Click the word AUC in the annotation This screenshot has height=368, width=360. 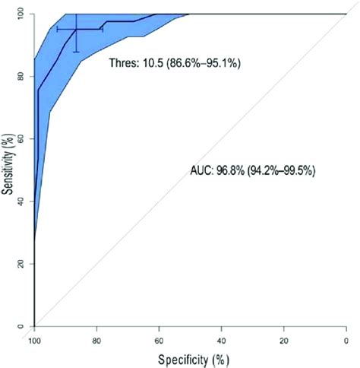(200, 171)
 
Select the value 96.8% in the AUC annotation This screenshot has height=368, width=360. (231, 171)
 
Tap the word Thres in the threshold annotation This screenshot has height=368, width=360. (124, 64)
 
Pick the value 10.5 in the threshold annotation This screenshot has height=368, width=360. (155, 64)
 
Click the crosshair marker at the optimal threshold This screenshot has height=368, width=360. (76, 29)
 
